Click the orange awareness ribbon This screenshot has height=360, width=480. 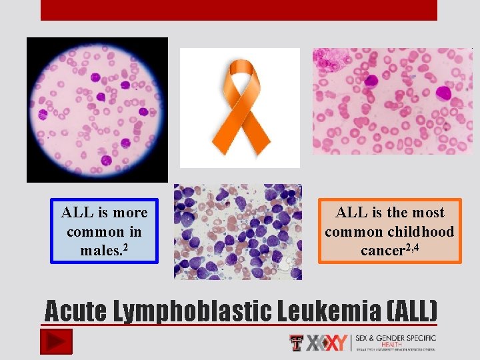[241, 106]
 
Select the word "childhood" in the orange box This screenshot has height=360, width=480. [422, 232]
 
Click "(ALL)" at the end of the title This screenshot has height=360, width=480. [411, 310]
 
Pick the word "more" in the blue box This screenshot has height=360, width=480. [130, 213]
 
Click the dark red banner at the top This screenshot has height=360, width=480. [239, 10]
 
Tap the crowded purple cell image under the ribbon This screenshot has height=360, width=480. [237, 232]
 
